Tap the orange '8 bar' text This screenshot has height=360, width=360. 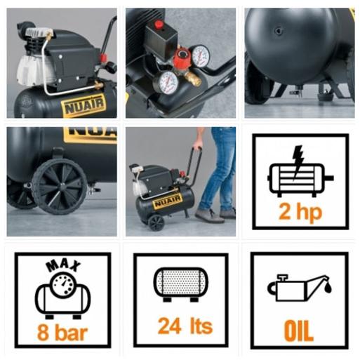point(62,333)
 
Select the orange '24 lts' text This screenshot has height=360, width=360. point(185,326)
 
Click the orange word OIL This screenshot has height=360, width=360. point(299,331)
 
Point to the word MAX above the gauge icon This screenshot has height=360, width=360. point(63,266)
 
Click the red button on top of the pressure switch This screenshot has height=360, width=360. point(159,24)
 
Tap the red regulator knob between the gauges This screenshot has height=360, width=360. point(181,58)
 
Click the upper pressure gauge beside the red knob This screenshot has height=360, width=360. point(200,55)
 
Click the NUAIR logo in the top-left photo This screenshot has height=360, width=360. point(84,105)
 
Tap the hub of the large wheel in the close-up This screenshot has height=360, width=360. point(62,185)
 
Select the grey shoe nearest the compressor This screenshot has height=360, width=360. point(207,215)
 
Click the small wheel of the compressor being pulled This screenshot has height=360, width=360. point(156,223)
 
